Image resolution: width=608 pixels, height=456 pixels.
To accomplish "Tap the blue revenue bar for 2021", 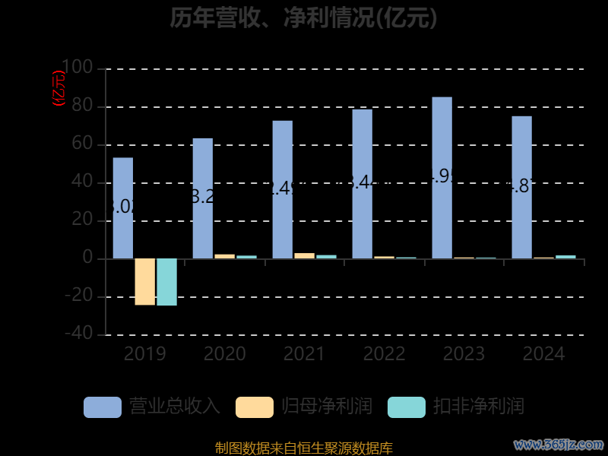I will click(x=282, y=189).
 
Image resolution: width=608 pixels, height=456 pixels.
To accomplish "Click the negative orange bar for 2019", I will click(x=144, y=281).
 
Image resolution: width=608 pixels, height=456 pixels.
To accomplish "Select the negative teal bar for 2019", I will click(x=166, y=282).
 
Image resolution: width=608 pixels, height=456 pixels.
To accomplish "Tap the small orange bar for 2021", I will click(x=304, y=255).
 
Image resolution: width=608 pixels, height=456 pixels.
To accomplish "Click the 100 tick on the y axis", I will click(x=78, y=68).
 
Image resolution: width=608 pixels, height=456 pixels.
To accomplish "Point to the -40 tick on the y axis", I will click(x=78, y=334).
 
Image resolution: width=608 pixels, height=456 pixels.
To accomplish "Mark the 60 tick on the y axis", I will click(x=83, y=144).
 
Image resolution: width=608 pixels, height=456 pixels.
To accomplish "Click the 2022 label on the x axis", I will click(x=384, y=353).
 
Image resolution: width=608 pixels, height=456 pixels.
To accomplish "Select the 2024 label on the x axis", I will click(x=543, y=353).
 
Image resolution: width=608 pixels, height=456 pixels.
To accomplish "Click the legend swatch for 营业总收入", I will click(x=103, y=407).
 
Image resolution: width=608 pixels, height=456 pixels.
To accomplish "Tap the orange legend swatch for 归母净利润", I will click(x=255, y=407).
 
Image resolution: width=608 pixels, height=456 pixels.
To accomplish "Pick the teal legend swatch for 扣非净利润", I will click(x=407, y=407).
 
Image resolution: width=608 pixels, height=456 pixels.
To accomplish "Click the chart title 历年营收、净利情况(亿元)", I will click(x=303, y=17).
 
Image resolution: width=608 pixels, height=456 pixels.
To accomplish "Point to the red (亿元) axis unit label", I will click(x=59, y=88).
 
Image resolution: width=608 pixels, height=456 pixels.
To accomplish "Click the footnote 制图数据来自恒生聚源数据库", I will click(x=303, y=448).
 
